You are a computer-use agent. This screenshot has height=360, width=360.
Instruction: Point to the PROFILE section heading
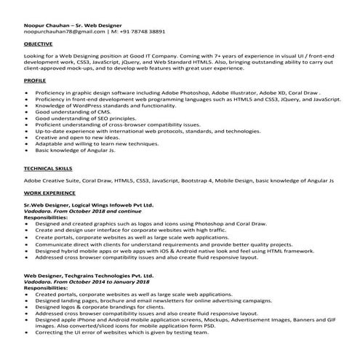(x=35, y=81)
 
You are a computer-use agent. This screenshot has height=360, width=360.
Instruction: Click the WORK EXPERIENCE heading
(x=49, y=194)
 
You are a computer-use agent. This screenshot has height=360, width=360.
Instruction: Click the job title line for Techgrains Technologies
(x=89, y=276)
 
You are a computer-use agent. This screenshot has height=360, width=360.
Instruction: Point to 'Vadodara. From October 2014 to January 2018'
(x=84, y=282)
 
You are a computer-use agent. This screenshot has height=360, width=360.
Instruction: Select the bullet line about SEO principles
(x=84, y=119)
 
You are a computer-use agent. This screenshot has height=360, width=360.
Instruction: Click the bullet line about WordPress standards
(x=105, y=106)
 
